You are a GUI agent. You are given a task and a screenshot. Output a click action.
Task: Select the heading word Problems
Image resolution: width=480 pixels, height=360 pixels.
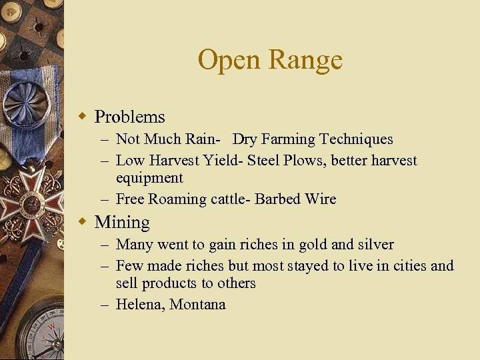coord(129,117)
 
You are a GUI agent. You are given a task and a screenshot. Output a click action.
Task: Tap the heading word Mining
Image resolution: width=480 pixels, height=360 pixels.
coord(122,223)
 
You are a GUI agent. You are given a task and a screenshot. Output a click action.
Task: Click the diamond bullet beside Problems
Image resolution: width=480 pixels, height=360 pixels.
coord(83,117)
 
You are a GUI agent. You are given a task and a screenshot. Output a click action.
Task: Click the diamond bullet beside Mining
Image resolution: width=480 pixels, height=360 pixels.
coord(83,221)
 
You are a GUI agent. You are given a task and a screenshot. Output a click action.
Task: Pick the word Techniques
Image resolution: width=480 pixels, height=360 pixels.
coord(356,139)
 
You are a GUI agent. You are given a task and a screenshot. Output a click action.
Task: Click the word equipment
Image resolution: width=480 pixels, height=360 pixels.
coord(149,178)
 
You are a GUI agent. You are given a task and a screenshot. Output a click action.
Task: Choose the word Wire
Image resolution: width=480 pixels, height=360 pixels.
coord(321,199)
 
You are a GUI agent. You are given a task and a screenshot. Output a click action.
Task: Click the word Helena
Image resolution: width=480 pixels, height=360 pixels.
coord(139,305)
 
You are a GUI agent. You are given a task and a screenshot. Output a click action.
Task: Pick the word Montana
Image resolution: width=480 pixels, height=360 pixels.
coord(197,305)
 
